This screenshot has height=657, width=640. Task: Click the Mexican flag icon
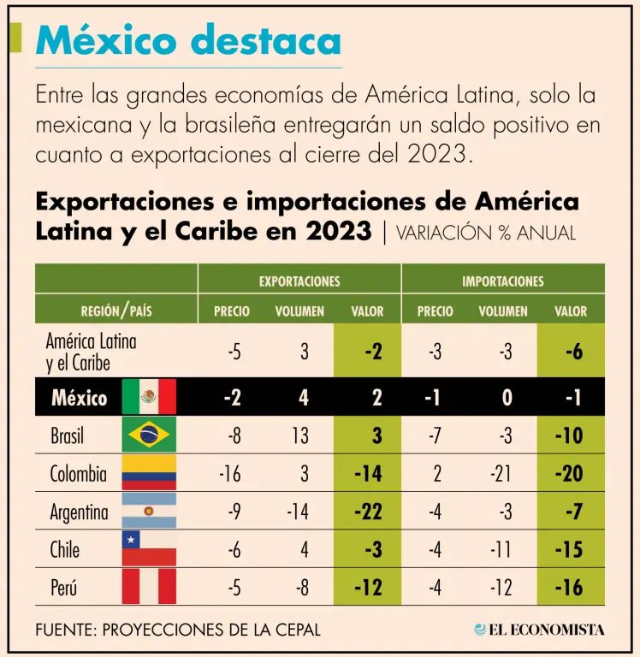point(149,397)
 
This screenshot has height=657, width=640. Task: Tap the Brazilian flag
point(149,435)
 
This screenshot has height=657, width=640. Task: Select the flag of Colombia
point(149,473)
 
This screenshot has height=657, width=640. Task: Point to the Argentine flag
point(149,511)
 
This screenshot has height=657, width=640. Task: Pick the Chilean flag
point(149,548)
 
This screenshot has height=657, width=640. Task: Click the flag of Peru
point(149,586)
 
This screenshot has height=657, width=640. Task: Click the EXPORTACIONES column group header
point(299,281)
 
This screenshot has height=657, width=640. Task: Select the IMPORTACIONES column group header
point(503,281)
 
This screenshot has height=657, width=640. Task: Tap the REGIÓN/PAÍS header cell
point(116,311)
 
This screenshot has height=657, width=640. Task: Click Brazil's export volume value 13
point(300,435)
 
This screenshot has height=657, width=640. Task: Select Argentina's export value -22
point(367,512)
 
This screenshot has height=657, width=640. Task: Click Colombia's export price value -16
point(229,474)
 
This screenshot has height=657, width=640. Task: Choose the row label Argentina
point(80,512)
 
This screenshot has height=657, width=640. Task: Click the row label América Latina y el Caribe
point(91,352)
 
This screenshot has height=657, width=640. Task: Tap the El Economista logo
point(540,630)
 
